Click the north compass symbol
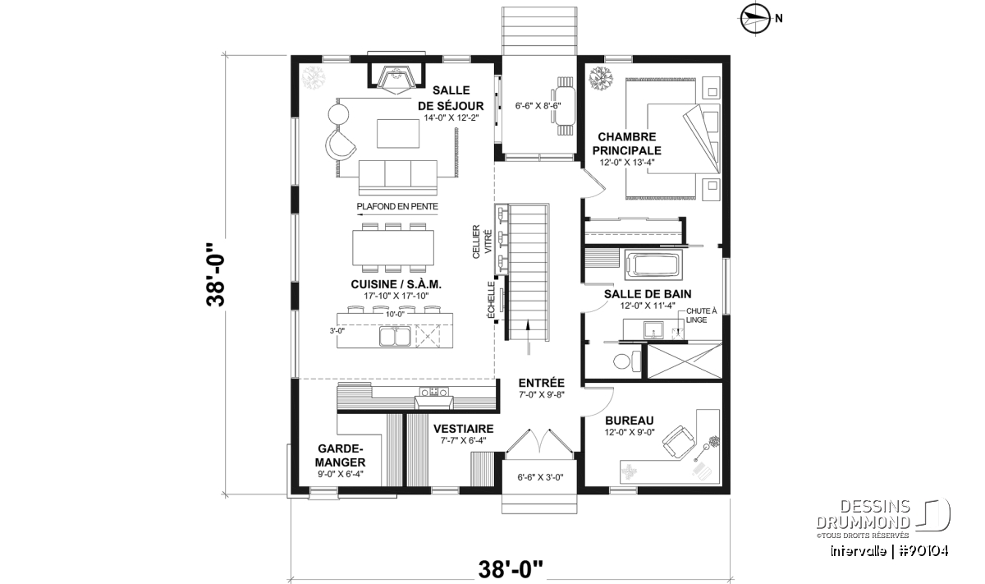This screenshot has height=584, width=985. point(755,19)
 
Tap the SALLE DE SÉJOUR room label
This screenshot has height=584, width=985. point(451,98)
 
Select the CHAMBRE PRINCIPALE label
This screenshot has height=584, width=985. point(626,144)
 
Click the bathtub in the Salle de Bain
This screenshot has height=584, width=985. point(653,265)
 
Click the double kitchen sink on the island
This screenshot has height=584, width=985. point(395,336)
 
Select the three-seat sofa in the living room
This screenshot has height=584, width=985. point(398,177)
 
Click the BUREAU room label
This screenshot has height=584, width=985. point(630,421)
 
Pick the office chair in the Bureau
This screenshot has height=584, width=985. point(680,441)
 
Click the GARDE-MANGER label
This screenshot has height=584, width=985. point(341,456)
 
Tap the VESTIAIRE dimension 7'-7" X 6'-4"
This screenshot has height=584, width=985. point(463,440)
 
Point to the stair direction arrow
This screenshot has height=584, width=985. point(528,338)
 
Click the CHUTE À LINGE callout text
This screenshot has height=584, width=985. point(701,315)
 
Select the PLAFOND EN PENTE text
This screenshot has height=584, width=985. point(397,206)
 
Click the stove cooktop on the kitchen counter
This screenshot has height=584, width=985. point(433,391)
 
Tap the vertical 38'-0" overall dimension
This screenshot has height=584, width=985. point(215,274)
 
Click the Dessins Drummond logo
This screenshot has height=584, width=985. point(883,519)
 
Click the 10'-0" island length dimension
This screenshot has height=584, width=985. point(395,315)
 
